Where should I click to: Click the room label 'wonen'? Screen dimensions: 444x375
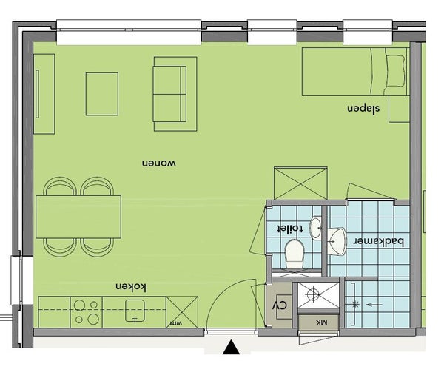coord(159,163)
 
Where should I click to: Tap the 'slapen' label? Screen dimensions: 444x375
coord(363,109)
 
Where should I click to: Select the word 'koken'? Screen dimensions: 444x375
coord(131,287)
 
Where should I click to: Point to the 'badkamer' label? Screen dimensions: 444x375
coord(380,242)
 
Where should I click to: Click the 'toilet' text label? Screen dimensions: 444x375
coord(290,229)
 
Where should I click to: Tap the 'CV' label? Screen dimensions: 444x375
coord(280,305)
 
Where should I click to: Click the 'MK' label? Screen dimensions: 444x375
coord(322,322)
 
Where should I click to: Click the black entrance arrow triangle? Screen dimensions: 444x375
coord(232,348)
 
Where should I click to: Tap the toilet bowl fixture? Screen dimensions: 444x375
coord(295,254)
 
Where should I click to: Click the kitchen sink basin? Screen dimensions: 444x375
coord(135,311)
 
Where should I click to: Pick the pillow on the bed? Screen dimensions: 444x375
coord(394,71)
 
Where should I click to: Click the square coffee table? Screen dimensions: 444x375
coord(102,94)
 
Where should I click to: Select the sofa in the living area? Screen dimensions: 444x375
coord(175,94)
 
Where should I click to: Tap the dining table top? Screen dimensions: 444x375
coord(78,217)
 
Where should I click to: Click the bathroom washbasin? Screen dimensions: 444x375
coord(337,241)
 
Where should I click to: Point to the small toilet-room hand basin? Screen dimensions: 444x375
coord(316,228)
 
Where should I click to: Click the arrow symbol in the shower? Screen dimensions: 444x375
coord(374,305)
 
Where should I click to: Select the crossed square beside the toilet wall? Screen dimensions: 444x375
coord(300,183)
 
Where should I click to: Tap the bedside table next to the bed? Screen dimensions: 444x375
coord(400,109)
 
